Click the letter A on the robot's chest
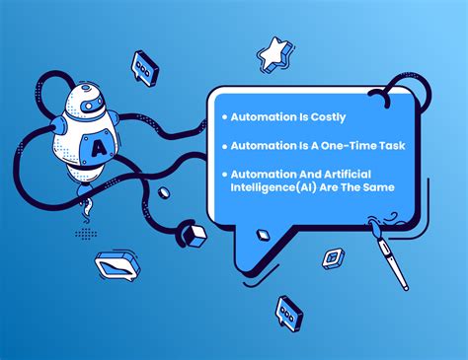click(x=100, y=149)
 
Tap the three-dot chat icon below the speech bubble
click(x=288, y=312)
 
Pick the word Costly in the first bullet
click(x=320, y=115)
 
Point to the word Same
click(x=376, y=187)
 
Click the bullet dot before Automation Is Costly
click(x=225, y=116)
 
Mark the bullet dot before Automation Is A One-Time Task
click(x=225, y=146)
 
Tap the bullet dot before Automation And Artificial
click(x=225, y=175)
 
